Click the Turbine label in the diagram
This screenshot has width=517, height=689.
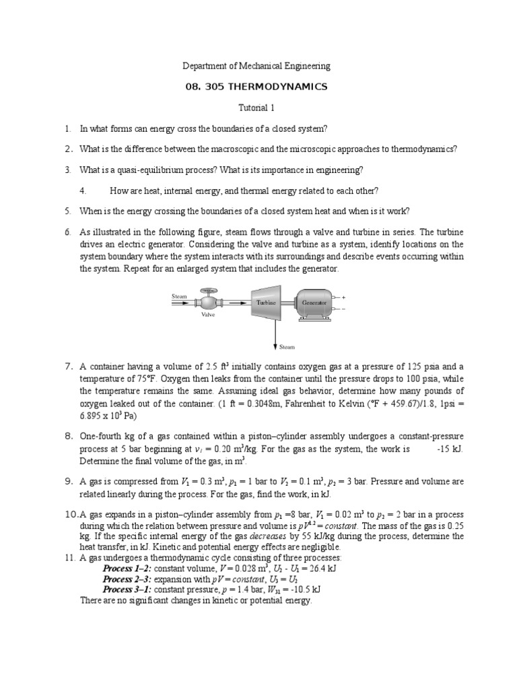266,303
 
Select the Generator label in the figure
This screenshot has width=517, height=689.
314,303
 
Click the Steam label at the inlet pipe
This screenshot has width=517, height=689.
180,296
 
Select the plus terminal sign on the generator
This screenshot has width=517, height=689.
344,297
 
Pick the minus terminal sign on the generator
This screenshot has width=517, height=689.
344,309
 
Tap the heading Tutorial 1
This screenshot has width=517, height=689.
258,108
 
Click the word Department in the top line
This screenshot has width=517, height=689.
207,66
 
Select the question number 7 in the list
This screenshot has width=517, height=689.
69,367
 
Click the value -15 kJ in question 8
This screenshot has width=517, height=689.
449,449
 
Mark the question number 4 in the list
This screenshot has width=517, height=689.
82,190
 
